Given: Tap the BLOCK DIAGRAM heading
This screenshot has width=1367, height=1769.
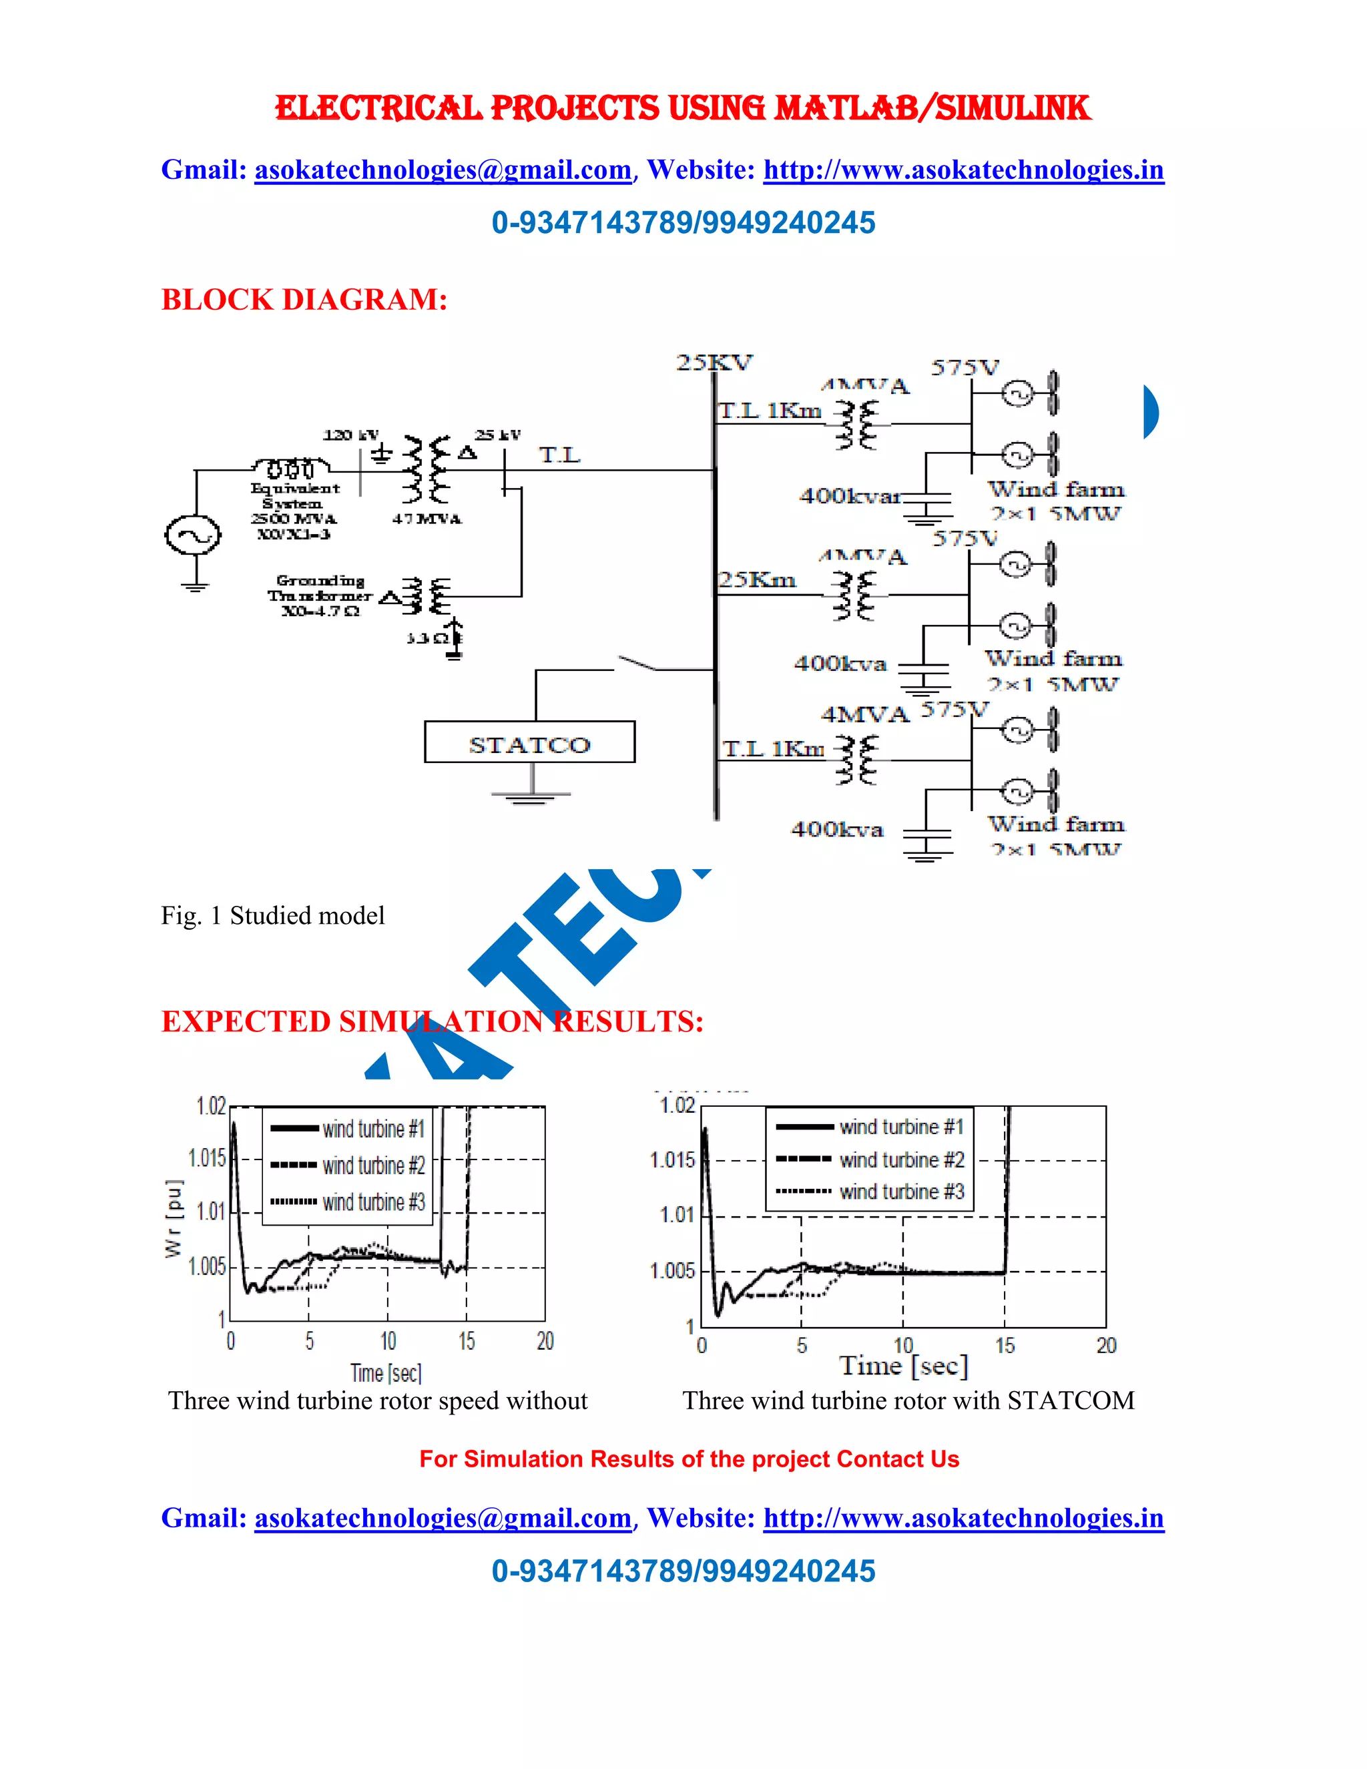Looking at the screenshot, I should click(x=304, y=300).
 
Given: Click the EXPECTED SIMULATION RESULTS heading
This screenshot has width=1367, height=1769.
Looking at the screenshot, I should click(x=432, y=1021).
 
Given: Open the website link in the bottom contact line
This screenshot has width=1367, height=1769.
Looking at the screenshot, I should click(x=963, y=1518).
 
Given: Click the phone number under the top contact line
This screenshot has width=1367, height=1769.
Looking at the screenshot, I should click(x=683, y=223).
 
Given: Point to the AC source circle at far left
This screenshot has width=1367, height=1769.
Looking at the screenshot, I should click(x=193, y=535).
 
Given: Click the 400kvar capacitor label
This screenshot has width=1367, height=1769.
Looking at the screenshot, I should click(x=850, y=496).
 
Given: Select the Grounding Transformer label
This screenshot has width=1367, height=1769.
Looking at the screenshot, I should click(x=320, y=595).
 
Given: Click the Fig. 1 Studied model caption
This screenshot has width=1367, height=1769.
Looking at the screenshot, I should click(x=273, y=916).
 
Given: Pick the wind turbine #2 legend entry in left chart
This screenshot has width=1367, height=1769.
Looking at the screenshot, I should click(x=373, y=1166).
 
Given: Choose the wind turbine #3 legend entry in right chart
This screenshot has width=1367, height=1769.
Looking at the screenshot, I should click(x=901, y=1192).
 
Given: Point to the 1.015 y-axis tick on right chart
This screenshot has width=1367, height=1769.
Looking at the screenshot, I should click(x=672, y=1161).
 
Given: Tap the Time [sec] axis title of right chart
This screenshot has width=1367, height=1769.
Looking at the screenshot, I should click(x=903, y=1366).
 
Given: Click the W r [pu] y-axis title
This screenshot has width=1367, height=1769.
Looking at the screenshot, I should click(x=174, y=1218).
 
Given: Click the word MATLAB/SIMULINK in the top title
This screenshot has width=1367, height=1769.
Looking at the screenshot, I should click(x=932, y=109).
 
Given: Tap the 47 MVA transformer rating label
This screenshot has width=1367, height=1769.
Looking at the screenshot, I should click(x=427, y=519).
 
